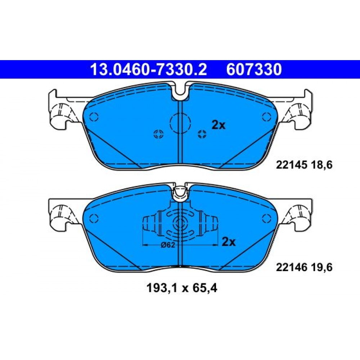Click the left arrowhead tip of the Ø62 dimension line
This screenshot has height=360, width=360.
tap(143, 245)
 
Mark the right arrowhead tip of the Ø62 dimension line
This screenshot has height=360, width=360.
tap(217, 245)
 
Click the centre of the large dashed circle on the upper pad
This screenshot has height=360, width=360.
tap(180, 123)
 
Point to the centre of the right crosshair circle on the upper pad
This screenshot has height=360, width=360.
tap(202, 134)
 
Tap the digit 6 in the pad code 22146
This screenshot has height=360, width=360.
tap(304, 267)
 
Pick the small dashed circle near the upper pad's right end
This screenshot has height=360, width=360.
tap(266, 117)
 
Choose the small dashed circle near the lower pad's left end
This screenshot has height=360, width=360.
tap(94, 219)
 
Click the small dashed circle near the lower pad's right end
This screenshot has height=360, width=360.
tap(266, 219)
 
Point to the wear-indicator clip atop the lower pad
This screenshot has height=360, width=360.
tap(180, 193)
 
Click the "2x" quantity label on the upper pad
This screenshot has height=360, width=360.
tap(219, 125)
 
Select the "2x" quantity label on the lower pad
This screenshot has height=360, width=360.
tap(229, 242)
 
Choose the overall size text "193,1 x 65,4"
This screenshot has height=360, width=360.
tap(181, 288)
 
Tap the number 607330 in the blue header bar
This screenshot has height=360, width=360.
tap(254, 69)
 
